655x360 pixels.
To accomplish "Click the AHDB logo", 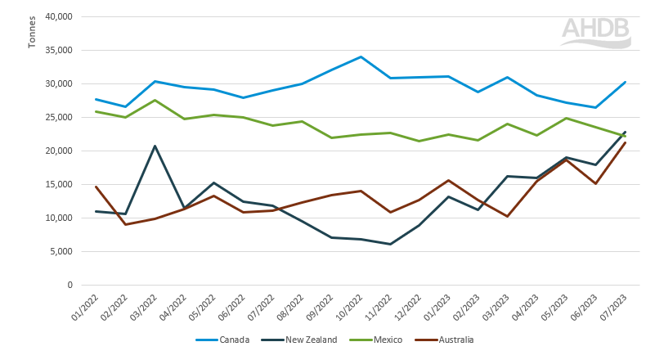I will pyautogui.click(x=595, y=30).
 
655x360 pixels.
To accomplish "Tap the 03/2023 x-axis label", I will pyautogui.click(x=498, y=308).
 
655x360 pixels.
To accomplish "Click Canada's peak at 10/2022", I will pyautogui.click(x=361, y=56).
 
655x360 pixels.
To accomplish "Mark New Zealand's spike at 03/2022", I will pyautogui.click(x=155, y=146).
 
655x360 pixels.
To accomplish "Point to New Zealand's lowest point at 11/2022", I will pyautogui.click(x=390, y=244).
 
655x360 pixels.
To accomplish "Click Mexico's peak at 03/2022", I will pyautogui.click(x=155, y=100).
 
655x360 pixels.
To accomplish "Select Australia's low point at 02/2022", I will pyautogui.click(x=125, y=224).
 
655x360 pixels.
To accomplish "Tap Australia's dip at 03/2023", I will pyautogui.click(x=508, y=216).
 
